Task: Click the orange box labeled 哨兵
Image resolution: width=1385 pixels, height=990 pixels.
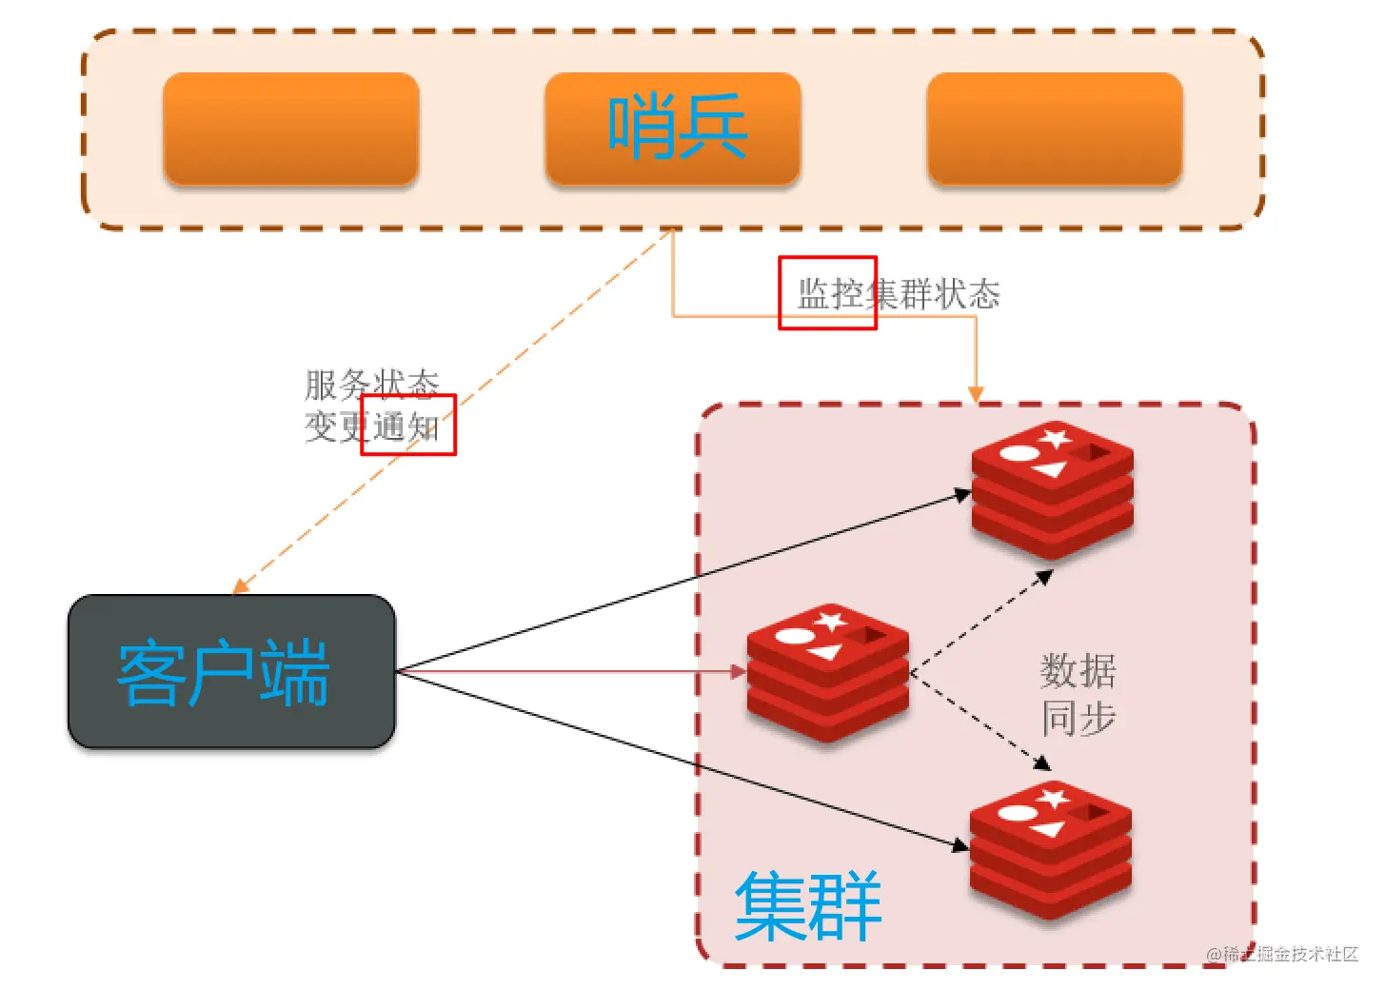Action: coord(673,129)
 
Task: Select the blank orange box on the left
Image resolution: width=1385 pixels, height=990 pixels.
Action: coord(291,129)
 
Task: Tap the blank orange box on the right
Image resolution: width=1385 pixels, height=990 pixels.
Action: coord(1055,129)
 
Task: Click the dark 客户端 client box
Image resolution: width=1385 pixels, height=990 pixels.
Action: coord(231,671)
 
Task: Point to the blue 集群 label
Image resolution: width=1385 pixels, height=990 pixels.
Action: coord(808,905)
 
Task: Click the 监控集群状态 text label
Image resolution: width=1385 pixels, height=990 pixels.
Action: coord(899,294)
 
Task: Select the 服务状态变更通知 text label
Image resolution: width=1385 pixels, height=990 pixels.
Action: coord(371,406)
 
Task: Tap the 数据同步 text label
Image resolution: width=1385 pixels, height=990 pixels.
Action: coord(1078,694)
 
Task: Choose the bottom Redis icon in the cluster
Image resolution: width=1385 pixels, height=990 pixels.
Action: coord(1051,849)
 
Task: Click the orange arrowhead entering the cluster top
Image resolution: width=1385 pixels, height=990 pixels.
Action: coord(976,394)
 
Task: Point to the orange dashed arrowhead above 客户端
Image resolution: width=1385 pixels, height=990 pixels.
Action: coord(241,585)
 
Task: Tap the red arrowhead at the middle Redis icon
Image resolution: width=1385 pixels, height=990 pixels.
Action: coord(739,671)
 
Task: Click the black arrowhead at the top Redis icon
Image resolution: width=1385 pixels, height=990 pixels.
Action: coord(962,494)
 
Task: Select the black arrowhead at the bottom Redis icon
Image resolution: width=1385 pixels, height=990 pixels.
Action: coord(960,843)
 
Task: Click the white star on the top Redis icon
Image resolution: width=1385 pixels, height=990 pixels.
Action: coord(1055,439)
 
